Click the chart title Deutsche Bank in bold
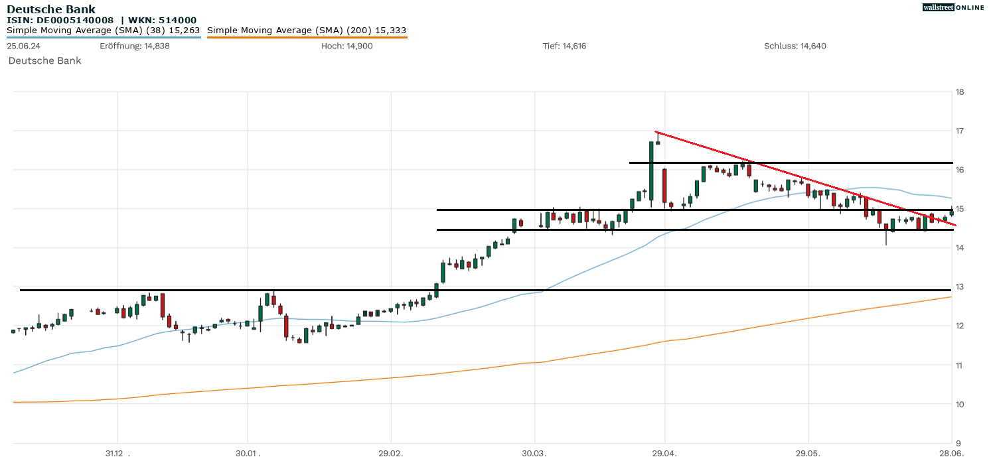coord(51,9)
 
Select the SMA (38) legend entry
coord(103,31)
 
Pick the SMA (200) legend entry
coord(307,31)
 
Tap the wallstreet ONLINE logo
coord(953,7)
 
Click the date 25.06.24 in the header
coord(23,46)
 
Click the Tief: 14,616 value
coord(564,46)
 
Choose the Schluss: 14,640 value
coord(795,46)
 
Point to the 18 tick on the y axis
coord(960,92)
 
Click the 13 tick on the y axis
coord(960,287)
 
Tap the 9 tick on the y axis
coord(958,443)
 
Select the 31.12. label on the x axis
coord(116,453)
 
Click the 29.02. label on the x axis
coord(391,453)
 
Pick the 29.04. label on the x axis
coord(664,453)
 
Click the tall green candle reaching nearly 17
coord(651,171)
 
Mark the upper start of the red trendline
coord(656,132)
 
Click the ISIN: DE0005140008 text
coord(60,21)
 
